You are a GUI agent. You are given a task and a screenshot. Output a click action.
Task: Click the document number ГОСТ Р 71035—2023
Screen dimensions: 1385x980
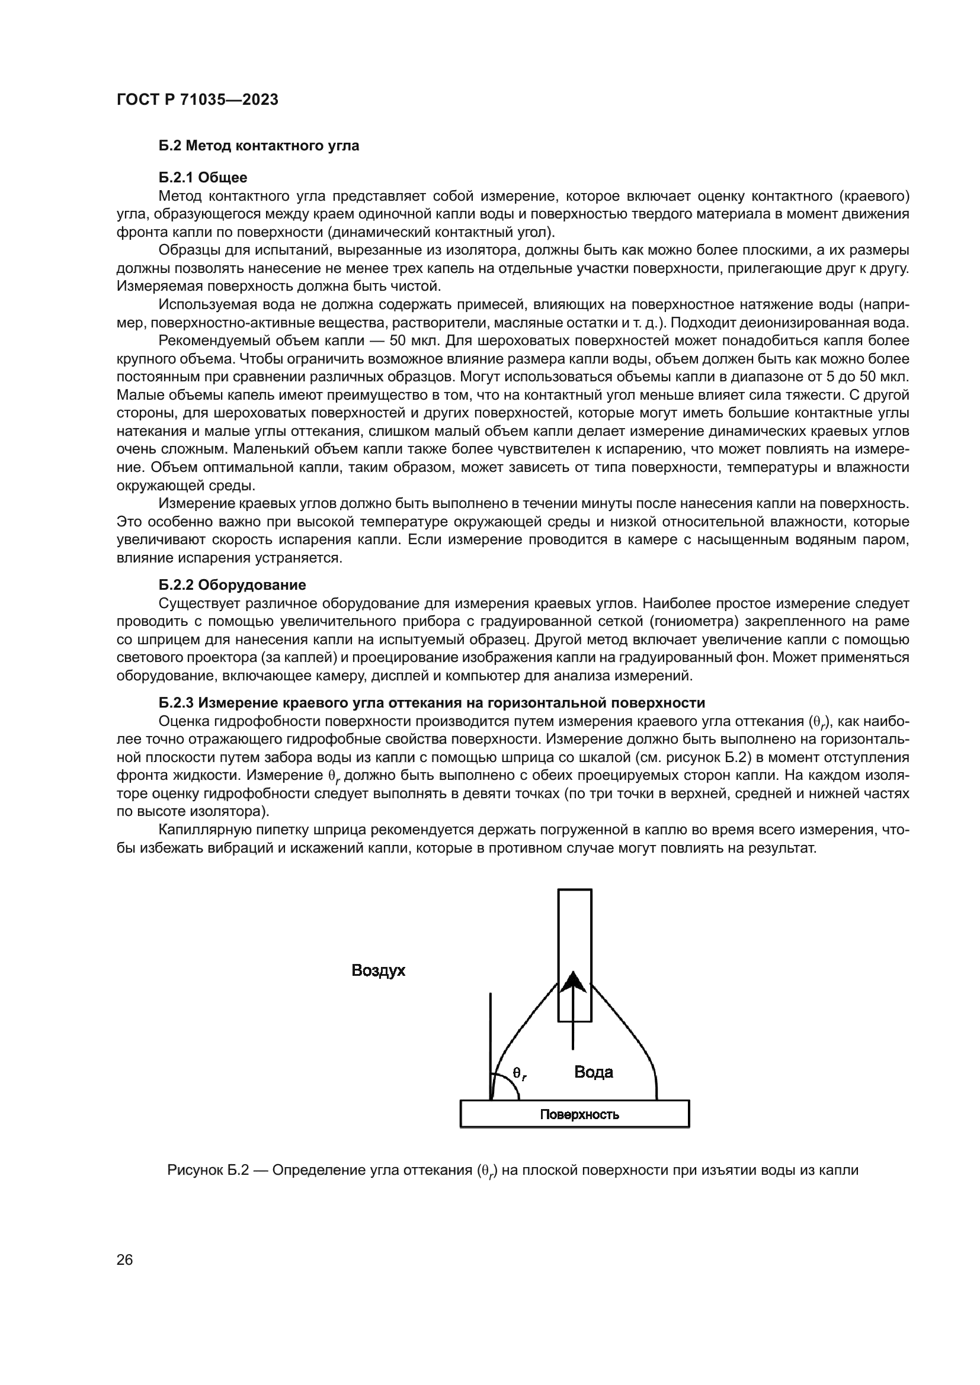click(x=197, y=100)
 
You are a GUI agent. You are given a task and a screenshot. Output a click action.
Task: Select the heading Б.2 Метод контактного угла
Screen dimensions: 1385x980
click(x=259, y=146)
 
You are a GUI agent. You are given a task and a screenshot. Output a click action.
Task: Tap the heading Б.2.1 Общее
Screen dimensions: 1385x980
click(x=203, y=178)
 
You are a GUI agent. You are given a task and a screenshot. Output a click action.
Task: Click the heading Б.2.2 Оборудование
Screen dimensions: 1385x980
click(x=232, y=584)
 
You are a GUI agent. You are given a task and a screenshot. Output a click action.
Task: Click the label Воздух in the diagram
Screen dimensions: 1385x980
click(x=379, y=971)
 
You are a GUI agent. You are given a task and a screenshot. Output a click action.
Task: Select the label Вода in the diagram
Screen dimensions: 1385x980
click(x=593, y=1072)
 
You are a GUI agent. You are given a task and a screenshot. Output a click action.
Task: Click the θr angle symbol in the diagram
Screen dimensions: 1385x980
click(x=519, y=1072)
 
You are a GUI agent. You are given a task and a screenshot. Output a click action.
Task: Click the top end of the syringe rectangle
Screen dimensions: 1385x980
click(x=575, y=891)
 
